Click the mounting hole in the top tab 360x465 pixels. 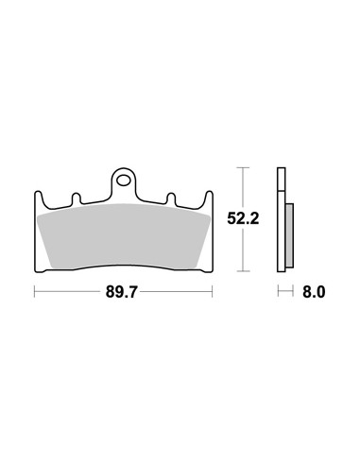[x=123, y=177]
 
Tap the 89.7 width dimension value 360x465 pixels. [x=123, y=294]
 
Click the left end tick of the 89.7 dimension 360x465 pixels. [x=35, y=294]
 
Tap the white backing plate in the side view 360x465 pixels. [x=282, y=222]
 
